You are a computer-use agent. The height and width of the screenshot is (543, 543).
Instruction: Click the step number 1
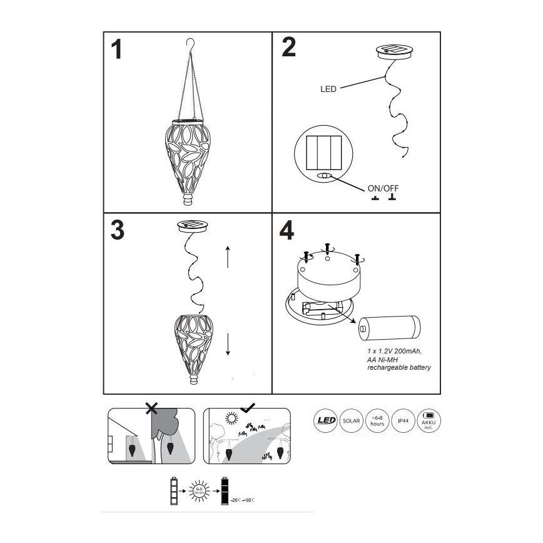tap(116, 50)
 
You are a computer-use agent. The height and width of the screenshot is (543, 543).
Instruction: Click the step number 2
tap(288, 48)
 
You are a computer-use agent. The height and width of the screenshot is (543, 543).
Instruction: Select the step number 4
tap(287, 231)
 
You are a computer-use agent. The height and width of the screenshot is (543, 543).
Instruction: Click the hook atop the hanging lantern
tap(191, 43)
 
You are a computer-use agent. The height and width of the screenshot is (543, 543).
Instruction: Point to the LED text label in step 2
tap(328, 89)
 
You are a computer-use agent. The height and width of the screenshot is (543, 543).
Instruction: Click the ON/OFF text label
tap(383, 188)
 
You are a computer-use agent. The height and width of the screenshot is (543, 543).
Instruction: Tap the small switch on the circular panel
tap(323, 176)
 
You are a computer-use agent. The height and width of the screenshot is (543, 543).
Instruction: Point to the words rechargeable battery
tap(398, 368)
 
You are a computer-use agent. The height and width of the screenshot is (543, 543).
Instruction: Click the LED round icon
tap(326, 420)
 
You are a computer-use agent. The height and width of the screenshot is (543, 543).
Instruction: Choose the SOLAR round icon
tap(351, 420)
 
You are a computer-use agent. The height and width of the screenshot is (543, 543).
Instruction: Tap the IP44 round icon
tap(403, 420)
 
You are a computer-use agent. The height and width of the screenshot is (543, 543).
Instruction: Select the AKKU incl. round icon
tap(429, 420)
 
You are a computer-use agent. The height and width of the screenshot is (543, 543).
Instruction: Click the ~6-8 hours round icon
tap(377, 420)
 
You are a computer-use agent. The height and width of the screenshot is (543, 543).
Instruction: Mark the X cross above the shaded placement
tap(151, 409)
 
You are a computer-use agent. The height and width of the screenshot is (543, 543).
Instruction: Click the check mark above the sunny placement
tap(248, 407)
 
